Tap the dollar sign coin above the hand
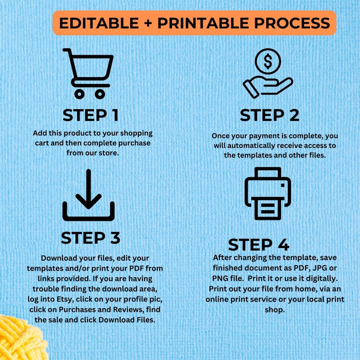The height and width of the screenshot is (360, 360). tap(268, 61)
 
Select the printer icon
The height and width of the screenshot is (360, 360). tap(268, 194)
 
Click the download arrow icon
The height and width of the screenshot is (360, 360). tap(88, 195)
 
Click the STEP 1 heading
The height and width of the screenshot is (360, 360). tap(91, 115)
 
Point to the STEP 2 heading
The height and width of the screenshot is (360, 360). tap(269, 115)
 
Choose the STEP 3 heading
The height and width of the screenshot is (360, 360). tap(91, 238)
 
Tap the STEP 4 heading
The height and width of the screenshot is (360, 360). tap(258, 244)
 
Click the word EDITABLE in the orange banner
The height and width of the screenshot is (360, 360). tap(99, 23)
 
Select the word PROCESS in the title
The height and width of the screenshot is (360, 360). tap(292, 23)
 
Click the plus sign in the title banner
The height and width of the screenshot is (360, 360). tap(148, 23)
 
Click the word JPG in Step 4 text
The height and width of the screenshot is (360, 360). tap(320, 268)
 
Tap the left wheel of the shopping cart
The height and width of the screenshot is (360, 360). tap(79, 94)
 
